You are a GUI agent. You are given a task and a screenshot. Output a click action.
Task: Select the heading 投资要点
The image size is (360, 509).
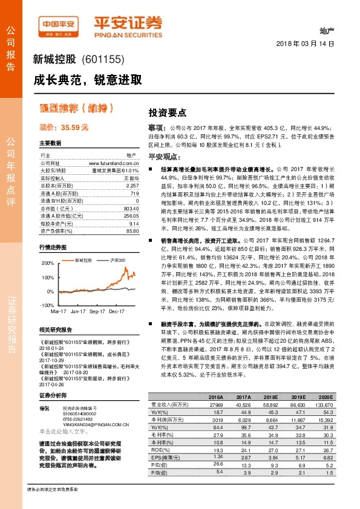168,112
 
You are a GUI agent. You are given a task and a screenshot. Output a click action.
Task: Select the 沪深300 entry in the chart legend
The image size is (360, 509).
119,259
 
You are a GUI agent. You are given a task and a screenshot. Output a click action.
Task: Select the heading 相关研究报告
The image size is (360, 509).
56,329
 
